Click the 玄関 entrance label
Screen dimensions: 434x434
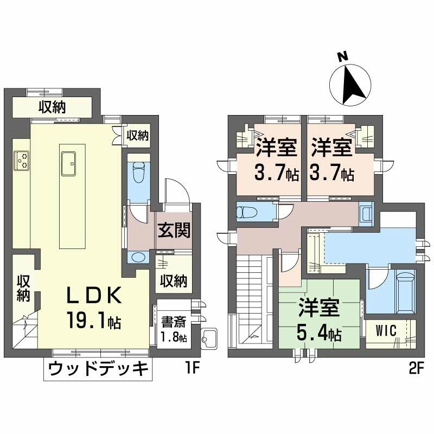point(174,231)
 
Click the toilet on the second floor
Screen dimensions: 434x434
point(249,211)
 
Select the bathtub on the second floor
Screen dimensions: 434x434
point(405,292)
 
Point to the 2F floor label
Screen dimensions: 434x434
point(416,369)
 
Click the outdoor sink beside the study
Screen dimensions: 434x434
point(208,338)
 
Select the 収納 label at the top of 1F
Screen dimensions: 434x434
point(52,107)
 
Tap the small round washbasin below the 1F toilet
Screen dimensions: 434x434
point(138,257)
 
